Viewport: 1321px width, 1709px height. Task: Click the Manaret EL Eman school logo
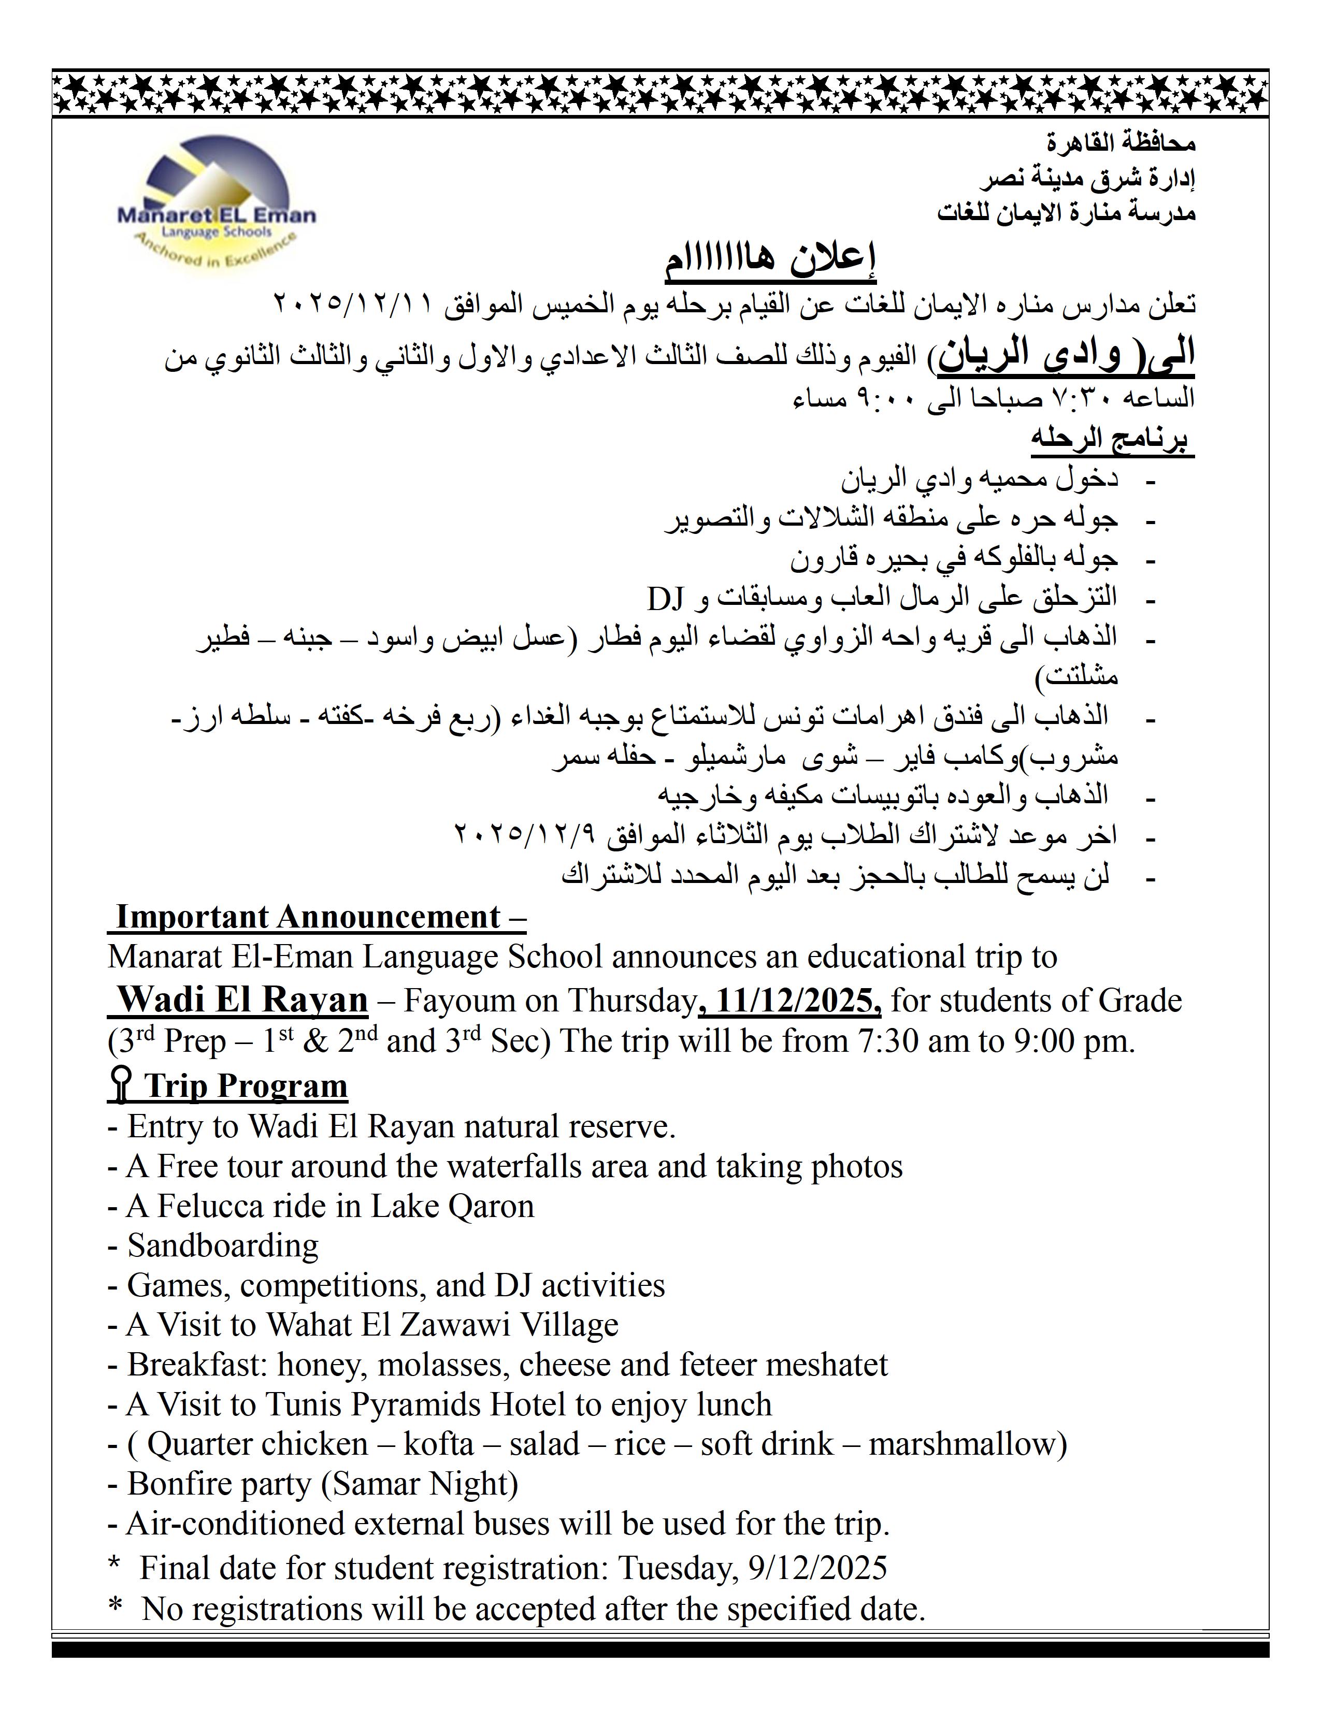pos(215,204)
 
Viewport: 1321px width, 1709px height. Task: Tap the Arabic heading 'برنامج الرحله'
pos(1111,439)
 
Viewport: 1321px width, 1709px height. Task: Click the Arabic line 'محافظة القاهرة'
pos(1121,144)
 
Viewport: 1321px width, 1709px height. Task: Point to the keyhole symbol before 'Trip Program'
pos(120,1086)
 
